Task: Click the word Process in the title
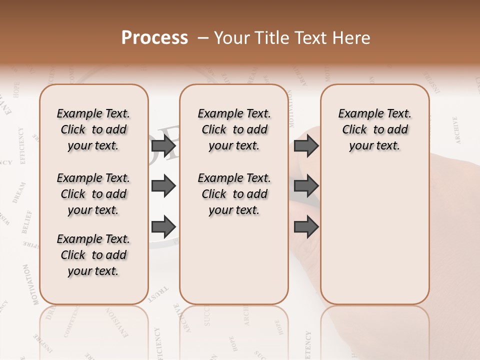pyautogui.click(x=154, y=38)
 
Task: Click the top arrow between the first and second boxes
pyautogui.click(x=163, y=145)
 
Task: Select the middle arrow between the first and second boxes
pyautogui.click(x=163, y=186)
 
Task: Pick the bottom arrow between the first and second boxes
pyautogui.click(x=163, y=227)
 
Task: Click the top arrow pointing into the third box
pyautogui.click(x=306, y=145)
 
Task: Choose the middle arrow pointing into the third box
pyautogui.click(x=306, y=186)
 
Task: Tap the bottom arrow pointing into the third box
pyautogui.click(x=306, y=227)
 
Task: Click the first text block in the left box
pyautogui.click(x=93, y=129)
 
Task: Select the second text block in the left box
pyautogui.click(x=93, y=194)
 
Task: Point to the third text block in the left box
pyautogui.click(x=93, y=255)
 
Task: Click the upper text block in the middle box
pyautogui.click(x=234, y=129)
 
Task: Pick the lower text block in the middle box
pyautogui.click(x=234, y=194)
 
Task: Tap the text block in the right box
pyautogui.click(x=374, y=129)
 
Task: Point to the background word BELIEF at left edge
pyautogui.click(x=26, y=222)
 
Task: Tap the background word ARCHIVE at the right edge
pyautogui.click(x=456, y=130)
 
